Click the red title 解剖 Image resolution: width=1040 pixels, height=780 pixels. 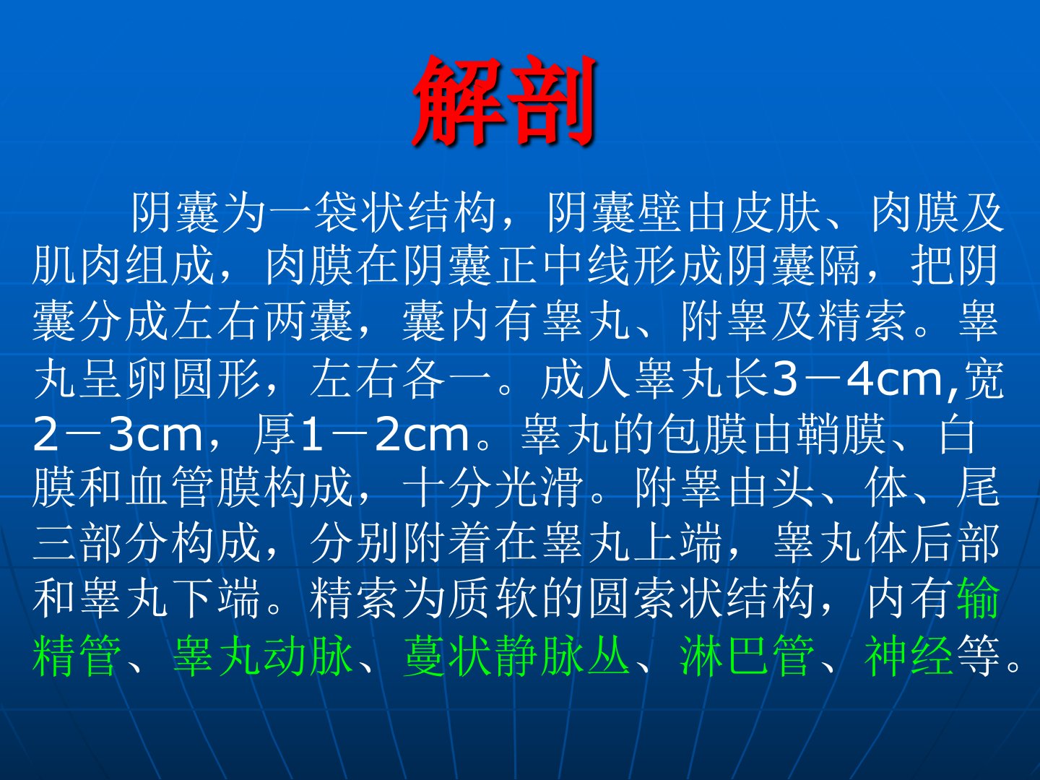504,101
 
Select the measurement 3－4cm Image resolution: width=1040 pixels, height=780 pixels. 856,379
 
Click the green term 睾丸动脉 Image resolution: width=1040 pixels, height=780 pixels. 263,656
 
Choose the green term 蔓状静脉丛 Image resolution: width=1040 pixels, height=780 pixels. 517,656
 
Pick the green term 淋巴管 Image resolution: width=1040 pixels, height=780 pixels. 747,656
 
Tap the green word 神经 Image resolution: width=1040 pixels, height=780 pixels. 909,656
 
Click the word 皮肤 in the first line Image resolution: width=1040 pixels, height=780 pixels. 776,212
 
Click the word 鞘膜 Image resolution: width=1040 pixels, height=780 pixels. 841,434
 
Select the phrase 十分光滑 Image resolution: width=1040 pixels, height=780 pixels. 493,487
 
